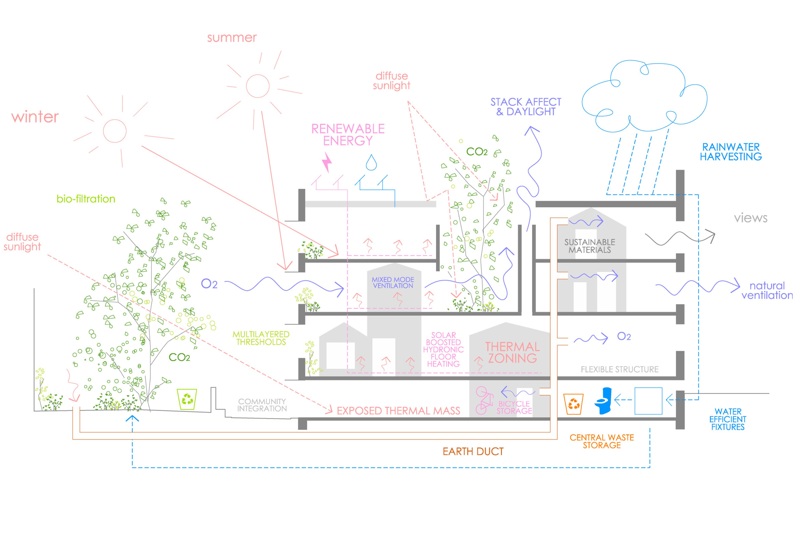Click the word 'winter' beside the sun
(x=35, y=117)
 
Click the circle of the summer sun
(x=258, y=86)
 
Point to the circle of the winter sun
(x=115, y=131)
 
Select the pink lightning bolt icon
(x=327, y=162)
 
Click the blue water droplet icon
(x=371, y=163)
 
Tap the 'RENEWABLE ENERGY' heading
(x=348, y=135)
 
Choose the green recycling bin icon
(x=187, y=399)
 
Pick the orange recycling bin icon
(x=573, y=404)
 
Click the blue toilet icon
(x=604, y=401)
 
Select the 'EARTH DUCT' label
(x=473, y=451)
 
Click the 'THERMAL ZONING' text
(x=512, y=352)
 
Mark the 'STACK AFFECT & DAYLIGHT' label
(x=526, y=107)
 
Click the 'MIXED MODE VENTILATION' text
(x=393, y=283)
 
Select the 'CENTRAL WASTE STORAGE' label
(x=602, y=441)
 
